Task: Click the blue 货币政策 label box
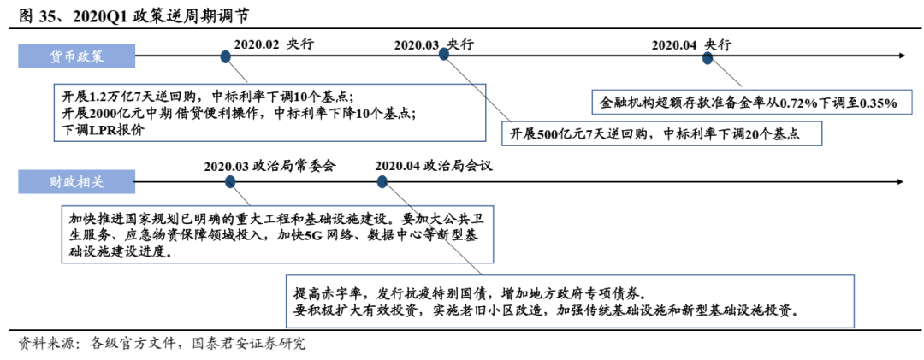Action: [x=77, y=56]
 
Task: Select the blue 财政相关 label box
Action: [x=77, y=181]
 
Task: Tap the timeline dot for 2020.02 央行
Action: [x=225, y=56]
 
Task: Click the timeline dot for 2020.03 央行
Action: [x=444, y=54]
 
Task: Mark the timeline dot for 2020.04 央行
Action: [x=708, y=57]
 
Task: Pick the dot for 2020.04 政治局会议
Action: [x=382, y=181]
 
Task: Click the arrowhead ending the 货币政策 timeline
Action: [x=901, y=56]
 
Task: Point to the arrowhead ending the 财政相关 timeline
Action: [x=899, y=181]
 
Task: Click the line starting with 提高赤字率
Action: [x=475, y=291]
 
